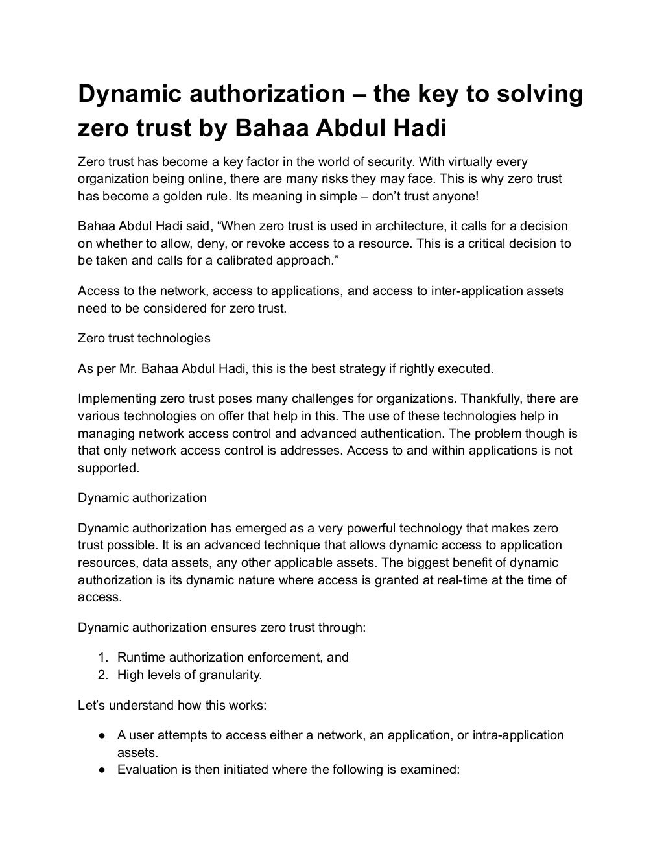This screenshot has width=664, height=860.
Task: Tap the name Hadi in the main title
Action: pos(420,128)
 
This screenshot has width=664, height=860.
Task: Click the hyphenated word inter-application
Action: pos(475,291)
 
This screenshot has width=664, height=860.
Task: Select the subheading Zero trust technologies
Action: pos(144,338)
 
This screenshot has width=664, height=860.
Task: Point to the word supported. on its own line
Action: pos(108,468)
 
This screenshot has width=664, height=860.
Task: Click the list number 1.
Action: pos(102,658)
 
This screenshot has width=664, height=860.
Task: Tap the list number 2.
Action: pos(102,675)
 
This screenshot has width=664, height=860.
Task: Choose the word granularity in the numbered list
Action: pos(229,675)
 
